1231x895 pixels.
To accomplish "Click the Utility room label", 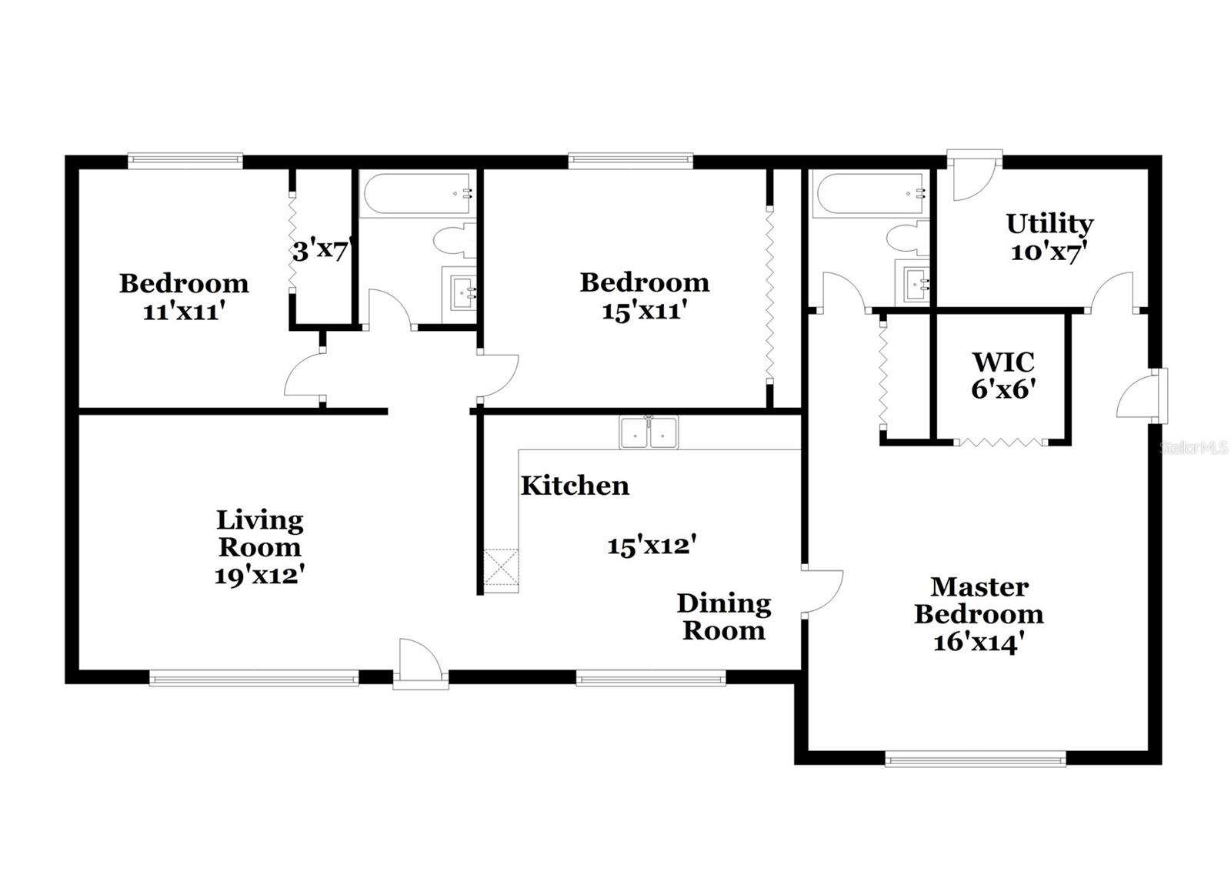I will tap(1049, 224).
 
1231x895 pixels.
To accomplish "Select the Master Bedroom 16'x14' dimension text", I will tap(978, 642).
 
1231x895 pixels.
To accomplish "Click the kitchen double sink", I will tap(649, 433).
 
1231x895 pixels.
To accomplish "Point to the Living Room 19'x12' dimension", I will tap(260, 575).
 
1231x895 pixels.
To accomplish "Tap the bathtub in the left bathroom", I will tap(416, 194).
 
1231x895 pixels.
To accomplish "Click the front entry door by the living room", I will tap(420, 663).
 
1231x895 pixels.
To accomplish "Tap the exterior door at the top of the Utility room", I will tap(974, 176).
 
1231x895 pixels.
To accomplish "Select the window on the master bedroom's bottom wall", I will tap(975, 760).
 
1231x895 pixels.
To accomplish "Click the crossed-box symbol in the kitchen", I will tap(501, 569).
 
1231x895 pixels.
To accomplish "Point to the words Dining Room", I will tap(723, 617).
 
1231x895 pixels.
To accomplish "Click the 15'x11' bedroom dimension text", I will tap(644, 311).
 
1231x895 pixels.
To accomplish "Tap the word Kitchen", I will tap(575, 486).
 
